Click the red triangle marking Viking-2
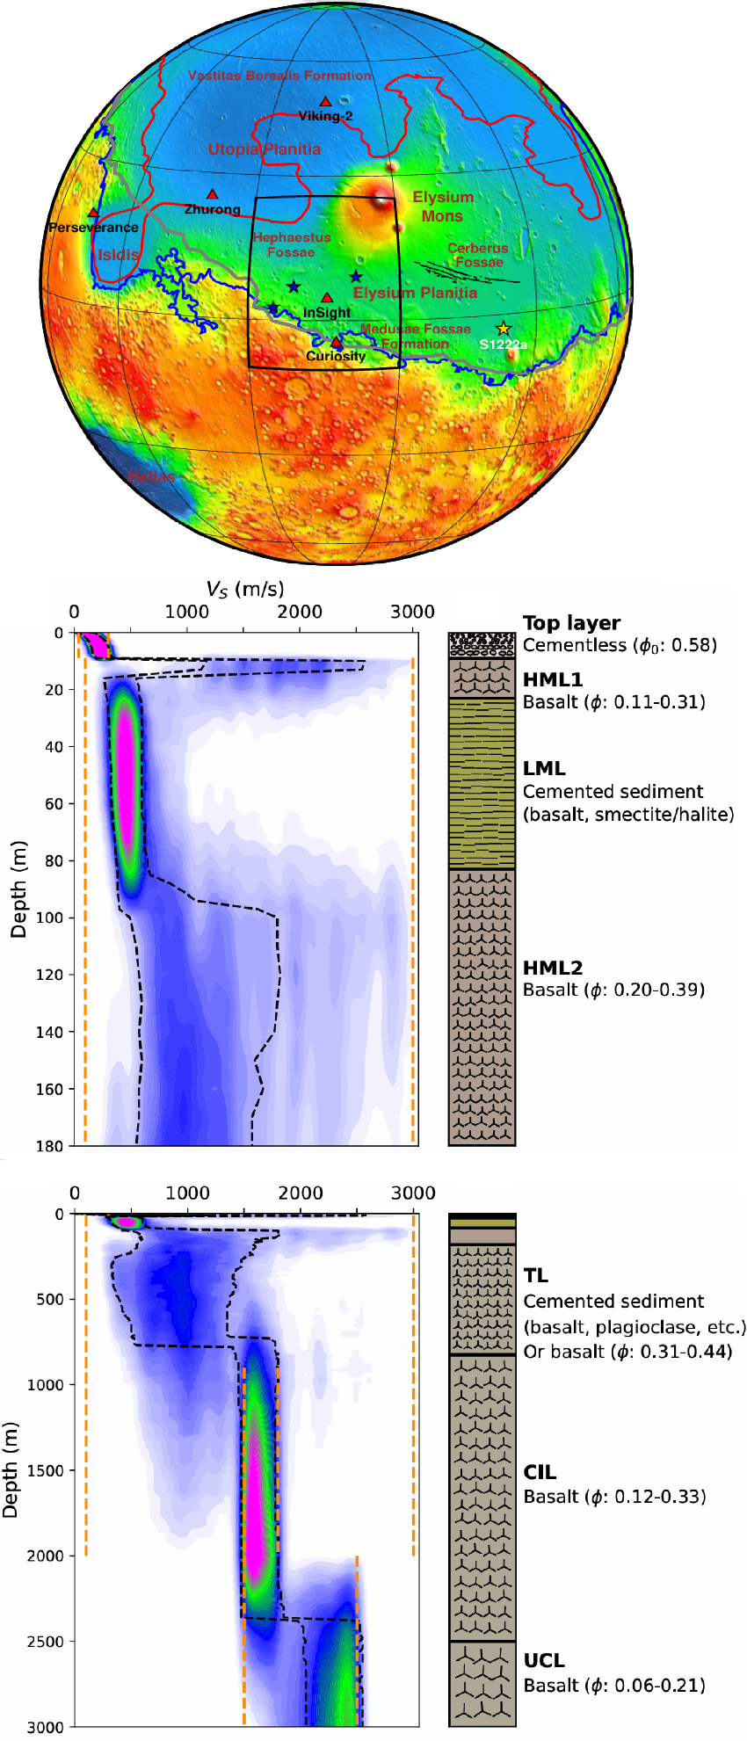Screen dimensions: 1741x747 click(325, 102)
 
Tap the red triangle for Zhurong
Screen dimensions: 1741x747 click(212, 194)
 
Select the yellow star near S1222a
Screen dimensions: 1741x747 click(503, 329)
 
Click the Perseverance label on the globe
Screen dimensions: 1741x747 click(93, 228)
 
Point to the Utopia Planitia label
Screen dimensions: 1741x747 click(265, 149)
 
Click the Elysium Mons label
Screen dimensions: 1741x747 click(443, 207)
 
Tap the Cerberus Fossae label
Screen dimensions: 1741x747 click(478, 255)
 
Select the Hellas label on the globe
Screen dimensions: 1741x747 click(151, 476)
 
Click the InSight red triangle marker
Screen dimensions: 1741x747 click(327, 299)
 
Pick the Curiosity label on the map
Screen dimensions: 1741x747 click(336, 356)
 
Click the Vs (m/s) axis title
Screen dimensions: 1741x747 click(245, 589)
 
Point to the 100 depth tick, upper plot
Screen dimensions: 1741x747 click(52, 918)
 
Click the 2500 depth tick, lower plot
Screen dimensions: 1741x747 click(47, 1642)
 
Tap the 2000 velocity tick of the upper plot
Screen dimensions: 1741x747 click(300, 612)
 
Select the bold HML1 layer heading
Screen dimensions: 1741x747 click(553, 679)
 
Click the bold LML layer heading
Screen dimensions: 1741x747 click(544, 768)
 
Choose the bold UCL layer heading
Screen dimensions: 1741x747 click(544, 1660)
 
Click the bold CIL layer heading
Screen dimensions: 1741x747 click(540, 1472)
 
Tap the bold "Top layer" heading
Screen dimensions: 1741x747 click(571, 623)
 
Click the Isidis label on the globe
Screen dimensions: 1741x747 click(118, 255)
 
